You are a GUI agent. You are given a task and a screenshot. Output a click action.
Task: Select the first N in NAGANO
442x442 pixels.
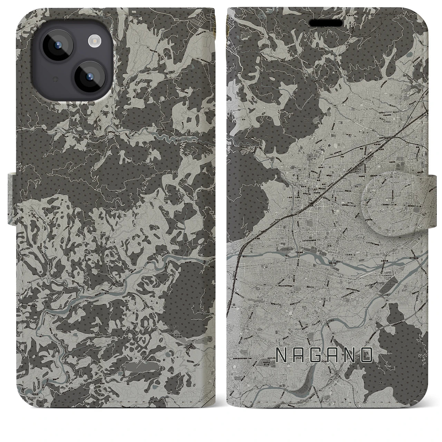[x=282, y=356]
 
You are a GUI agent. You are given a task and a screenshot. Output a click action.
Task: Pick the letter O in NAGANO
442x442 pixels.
[x=367, y=356]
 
